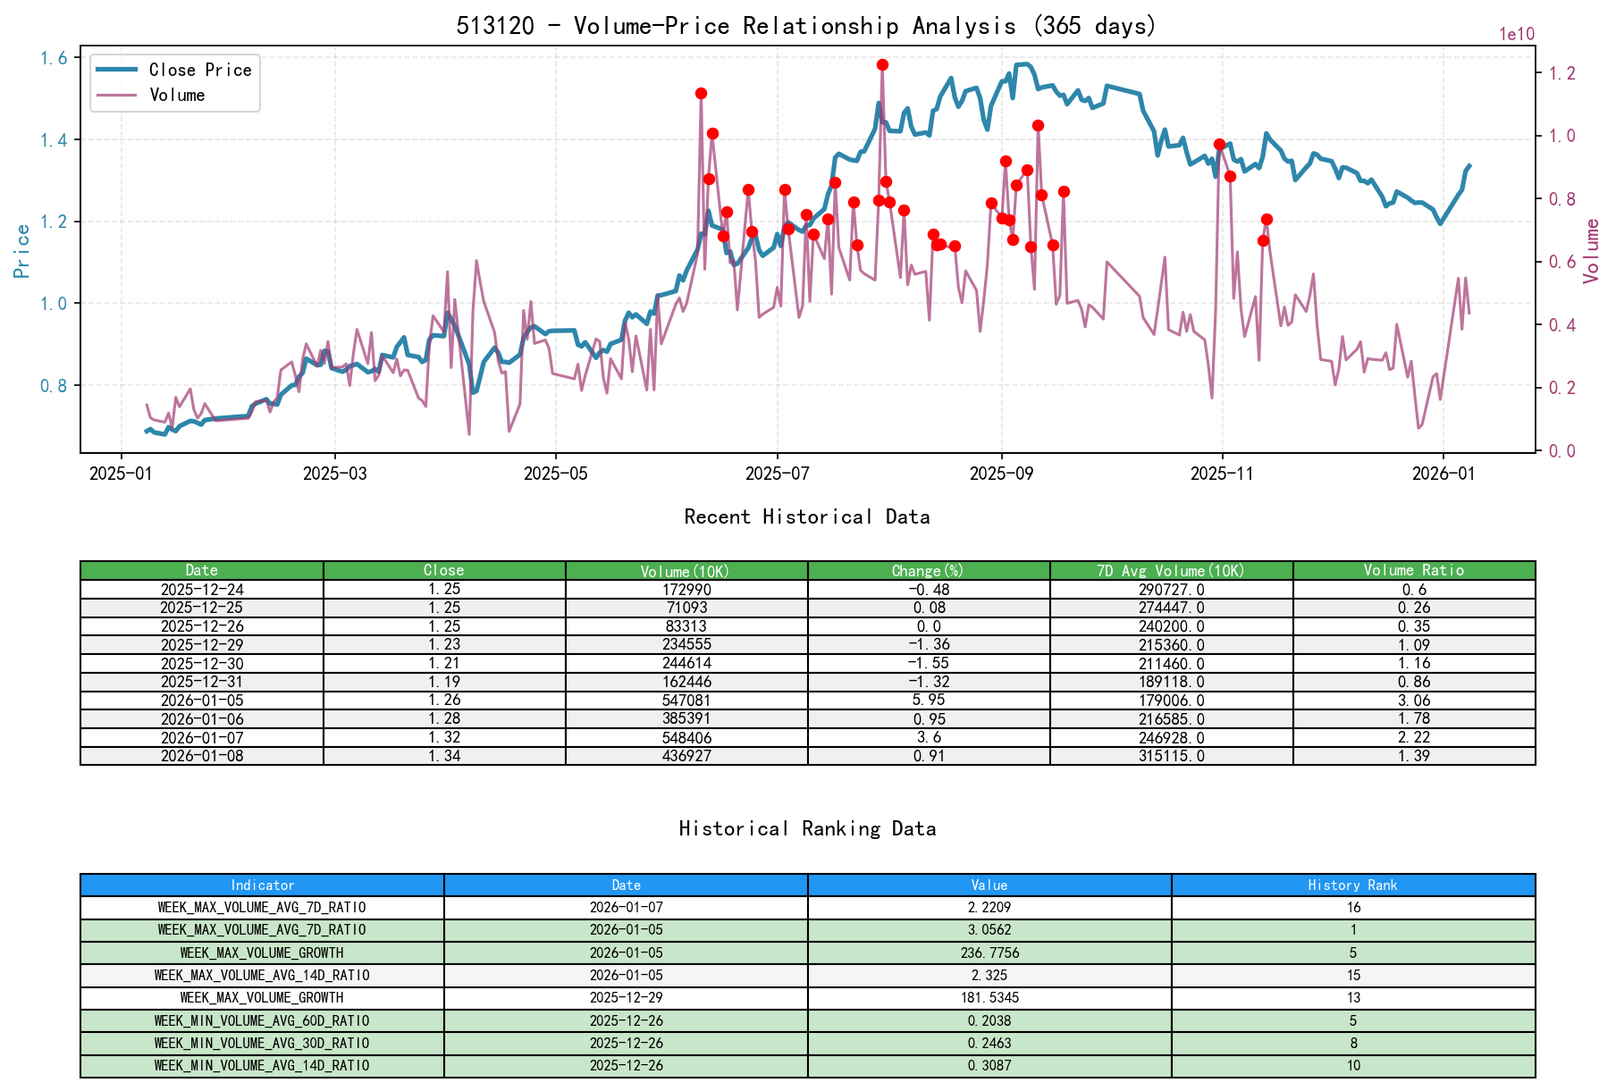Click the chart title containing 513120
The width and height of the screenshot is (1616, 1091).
(x=806, y=25)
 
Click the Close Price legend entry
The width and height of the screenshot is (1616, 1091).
(x=199, y=70)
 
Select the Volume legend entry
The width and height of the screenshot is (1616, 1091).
(x=177, y=95)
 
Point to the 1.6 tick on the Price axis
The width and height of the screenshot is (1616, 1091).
(x=54, y=58)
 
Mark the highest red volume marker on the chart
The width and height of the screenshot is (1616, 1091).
(x=882, y=64)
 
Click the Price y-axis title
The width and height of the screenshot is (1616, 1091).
(x=22, y=250)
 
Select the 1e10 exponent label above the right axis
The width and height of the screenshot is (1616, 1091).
(x=1517, y=34)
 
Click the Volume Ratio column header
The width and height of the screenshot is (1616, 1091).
(x=1413, y=570)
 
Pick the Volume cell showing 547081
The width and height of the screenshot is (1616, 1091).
(x=686, y=701)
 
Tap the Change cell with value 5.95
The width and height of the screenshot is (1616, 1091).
(x=929, y=701)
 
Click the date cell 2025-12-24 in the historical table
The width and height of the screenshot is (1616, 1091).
(x=202, y=590)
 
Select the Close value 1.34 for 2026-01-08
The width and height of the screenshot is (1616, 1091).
(x=444, y=756)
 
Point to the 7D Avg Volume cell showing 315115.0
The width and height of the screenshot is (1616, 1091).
(x=1171, y=756)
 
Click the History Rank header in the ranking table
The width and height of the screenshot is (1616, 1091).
(x=1352, y=885)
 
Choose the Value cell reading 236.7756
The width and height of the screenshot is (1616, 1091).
(x=989, y=953)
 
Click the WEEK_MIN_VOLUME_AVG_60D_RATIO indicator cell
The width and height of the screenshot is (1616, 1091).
(x=262, y=1020)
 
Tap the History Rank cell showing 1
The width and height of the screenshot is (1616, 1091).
(x=1352, y=930)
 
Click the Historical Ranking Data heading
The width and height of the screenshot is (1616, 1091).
(x=807, y=828)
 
